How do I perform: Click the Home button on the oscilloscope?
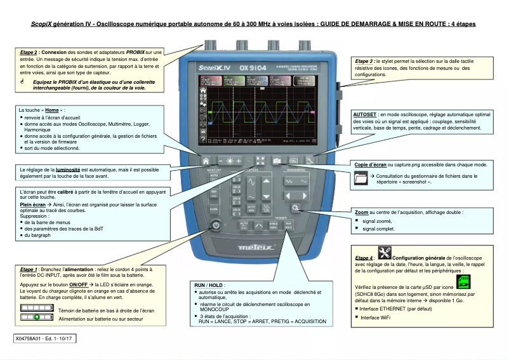[206, 161]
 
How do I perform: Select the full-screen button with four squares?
[260, 161]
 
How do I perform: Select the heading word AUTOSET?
[364, 114]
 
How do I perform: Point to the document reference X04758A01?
[32, 339]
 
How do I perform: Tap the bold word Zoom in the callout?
[361, 213]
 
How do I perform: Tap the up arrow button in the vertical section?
[266, 182]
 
